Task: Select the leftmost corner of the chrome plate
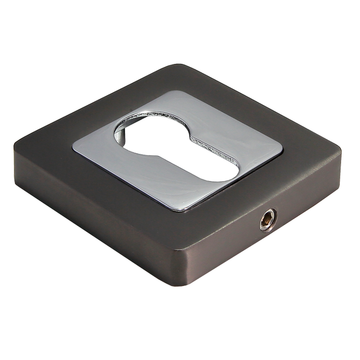[74, 148]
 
